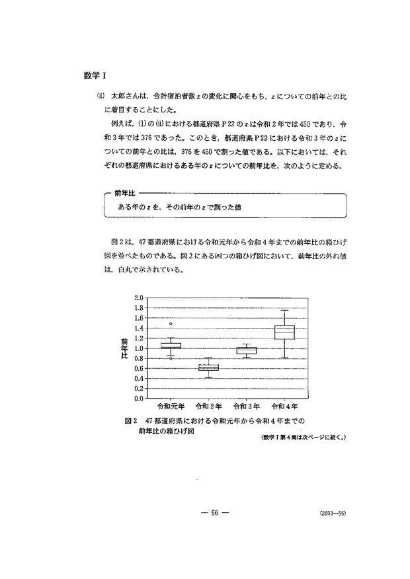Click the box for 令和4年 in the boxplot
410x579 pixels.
pos(284,332)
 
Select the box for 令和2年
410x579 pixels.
pos(209,367)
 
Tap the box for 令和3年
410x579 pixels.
pos(247,350)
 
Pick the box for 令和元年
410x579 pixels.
pos(171,346)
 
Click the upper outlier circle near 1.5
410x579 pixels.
pos(171,324)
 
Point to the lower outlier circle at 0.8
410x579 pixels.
pos(171,358)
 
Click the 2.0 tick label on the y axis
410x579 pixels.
pos(138,297)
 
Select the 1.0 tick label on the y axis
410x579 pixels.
pos(138,348)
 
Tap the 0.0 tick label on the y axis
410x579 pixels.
pos(138,399)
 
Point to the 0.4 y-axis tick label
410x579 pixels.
pos(138,379)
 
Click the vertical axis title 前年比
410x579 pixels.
pos(124,348)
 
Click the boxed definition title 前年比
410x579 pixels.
pos(124,194)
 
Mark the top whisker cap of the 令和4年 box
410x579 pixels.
pos(284,310)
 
